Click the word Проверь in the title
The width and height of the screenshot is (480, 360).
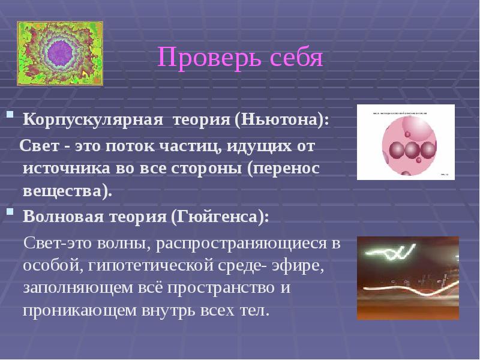(199, 58)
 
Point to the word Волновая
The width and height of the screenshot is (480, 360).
(61, 217)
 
